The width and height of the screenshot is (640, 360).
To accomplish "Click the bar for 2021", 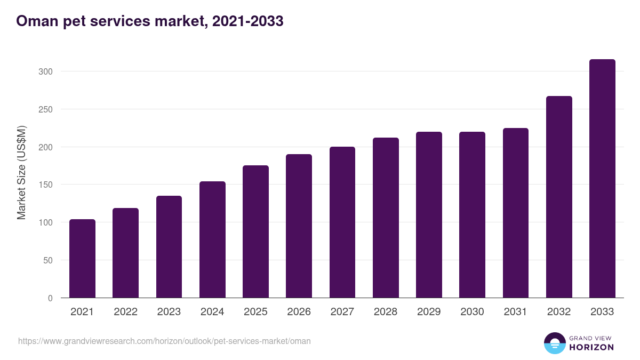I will [x=82, y=259].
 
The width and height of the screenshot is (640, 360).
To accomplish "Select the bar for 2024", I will [x=212, y=239].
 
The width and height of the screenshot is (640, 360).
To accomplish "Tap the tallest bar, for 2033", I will [x=602, y=179].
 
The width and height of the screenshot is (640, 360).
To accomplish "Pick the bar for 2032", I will [x=559, y=197].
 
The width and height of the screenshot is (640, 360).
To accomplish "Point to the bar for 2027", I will [x=342, y=222].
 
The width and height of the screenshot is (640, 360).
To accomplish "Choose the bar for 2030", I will [x=472, y=215].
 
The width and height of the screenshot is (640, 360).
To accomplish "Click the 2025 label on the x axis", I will [x=255, y=312].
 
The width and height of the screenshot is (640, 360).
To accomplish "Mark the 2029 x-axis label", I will [x=429, y=312].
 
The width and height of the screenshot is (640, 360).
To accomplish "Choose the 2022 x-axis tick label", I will [x=125, y=312].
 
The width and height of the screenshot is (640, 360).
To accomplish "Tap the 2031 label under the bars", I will [x=516, y=312].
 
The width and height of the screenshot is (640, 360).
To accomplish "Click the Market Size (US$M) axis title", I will [x=21, y=172].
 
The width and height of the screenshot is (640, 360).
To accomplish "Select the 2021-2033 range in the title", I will [x=247, y=21].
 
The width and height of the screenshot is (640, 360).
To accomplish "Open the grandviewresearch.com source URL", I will [x=164, y=341].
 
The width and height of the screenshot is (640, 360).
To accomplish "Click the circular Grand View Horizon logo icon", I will [x=554, y=343].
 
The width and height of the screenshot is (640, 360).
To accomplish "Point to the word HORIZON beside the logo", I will [x=591, y=347].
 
